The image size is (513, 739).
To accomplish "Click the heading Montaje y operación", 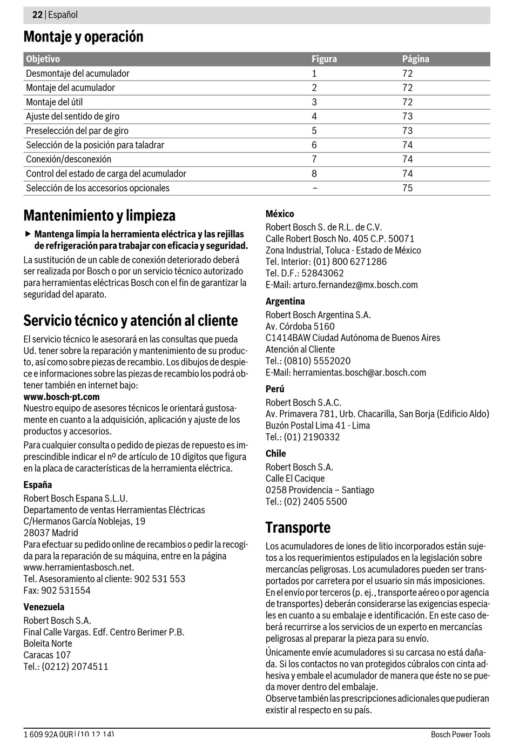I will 83,37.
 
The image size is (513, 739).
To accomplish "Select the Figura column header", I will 324,59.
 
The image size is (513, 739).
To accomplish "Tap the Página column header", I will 415,59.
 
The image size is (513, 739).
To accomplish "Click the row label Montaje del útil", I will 54,102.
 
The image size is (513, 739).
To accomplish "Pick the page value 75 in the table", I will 407,188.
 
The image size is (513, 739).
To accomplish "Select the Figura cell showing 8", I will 314,173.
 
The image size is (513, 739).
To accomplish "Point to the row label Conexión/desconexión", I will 69,159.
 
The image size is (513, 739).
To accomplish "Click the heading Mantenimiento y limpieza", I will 99,216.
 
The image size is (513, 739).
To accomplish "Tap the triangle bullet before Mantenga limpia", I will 28,234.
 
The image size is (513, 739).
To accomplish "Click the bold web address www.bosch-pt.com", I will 62,397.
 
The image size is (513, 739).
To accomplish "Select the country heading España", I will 38,485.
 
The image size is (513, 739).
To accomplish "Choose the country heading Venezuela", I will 44,607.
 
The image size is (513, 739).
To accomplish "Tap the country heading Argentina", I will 285,301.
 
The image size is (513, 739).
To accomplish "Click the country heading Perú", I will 275,389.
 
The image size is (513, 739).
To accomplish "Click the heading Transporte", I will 298,527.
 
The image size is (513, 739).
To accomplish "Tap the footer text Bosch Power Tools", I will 460,734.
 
